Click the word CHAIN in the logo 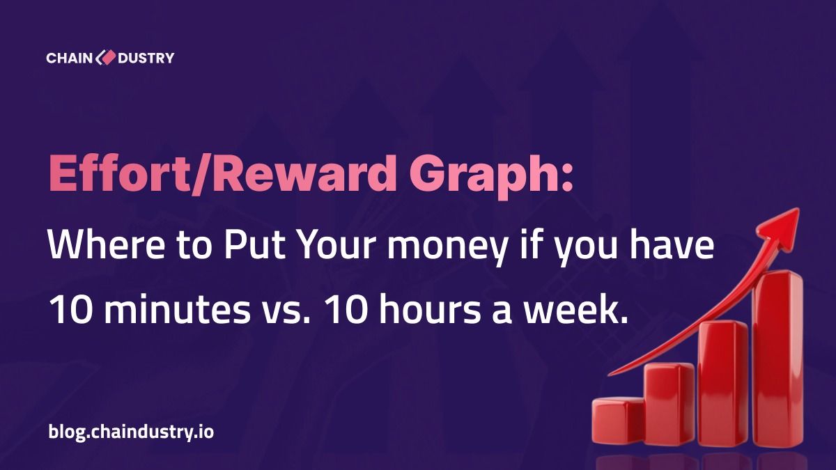pos(70,58)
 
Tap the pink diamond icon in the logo pos(106,58)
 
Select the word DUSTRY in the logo pos(146,58)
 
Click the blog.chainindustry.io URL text pos(131,432)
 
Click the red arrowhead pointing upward pos(780,228)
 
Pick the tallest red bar pos(778,358)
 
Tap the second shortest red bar pos(669,405)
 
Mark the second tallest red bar pos(723,384)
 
